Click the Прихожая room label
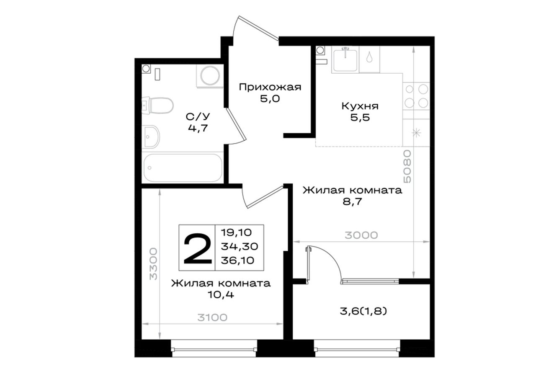270,87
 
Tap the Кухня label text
360,106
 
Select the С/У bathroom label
198,117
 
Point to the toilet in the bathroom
157,106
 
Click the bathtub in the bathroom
183,168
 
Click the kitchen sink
345,59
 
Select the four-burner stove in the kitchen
416,96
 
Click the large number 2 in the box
197,249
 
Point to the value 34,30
239,246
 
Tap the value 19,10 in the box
236,232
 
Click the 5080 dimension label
407,167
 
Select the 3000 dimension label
361,235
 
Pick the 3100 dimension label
212,317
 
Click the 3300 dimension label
153,264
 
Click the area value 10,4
221,294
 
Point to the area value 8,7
352,202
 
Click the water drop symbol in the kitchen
369,58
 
